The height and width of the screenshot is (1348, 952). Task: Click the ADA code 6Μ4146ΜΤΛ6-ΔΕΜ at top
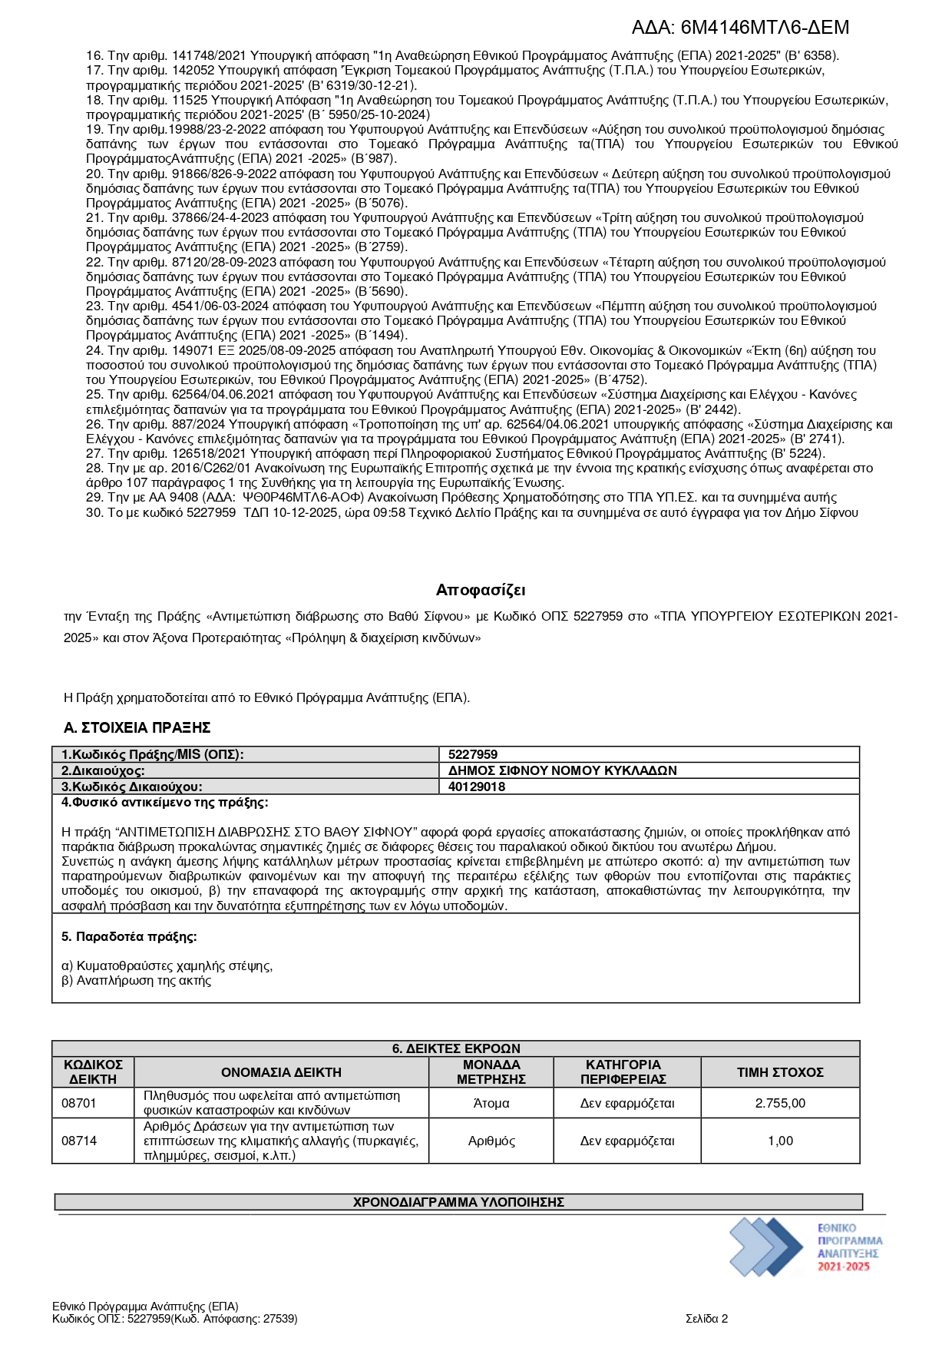pyautogui.click(x=740, y=28)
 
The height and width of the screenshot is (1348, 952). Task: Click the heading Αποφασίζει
pyautogui.click(x=481, y=590)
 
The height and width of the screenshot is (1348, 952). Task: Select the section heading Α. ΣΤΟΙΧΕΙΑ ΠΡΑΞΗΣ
pyautogui.click(x=137, y=727)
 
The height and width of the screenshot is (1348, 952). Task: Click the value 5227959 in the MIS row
pyautogui.click(x=473, y=754)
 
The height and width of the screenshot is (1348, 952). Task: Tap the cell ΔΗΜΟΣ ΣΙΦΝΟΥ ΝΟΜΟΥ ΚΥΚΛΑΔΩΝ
pyautogui.click(x=563, y=770)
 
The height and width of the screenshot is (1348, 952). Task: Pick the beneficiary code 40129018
pyautogui.click(x=477, y=787)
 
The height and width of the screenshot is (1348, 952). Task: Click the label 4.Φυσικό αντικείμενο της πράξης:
pyautogui.click(x=164, y=803)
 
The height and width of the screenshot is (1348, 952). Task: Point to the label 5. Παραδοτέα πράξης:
pyautogui.click(x=129, y=936)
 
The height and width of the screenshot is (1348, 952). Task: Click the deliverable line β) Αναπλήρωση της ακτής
pyautogui.click(x=136, y=981)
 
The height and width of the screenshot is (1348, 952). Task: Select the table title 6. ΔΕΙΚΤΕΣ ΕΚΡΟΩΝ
pyautogui.click(x=456, y=1048)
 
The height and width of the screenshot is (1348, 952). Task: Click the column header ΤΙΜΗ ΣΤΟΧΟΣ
pyautogui.click(x=780, y=1072)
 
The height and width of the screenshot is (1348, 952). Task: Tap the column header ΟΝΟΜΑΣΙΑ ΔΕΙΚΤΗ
pyautogui.click(x=281, y=1072)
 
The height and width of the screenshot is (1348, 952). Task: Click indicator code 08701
pyautogui.click(x=79, y=1103)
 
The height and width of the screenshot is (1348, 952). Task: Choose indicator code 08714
pyautogui.click(x=79, y=1141)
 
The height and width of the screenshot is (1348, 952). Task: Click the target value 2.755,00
pyautogui.click(x=780, y=1103)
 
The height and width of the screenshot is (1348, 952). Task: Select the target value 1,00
pyautogui.click(x=780, y=1141)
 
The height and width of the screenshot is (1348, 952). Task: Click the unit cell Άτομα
pyautogui.click(x=491, y=1103)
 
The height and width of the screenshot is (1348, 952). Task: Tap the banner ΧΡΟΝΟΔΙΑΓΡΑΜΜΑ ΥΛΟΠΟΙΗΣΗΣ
pyautogui.click(x=458, y=1202)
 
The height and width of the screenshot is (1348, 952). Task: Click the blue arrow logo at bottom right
pyautogui.click(x=765, y=1246)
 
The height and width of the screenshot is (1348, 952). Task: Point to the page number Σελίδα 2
pyautogui.click(x=706, y=1319)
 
